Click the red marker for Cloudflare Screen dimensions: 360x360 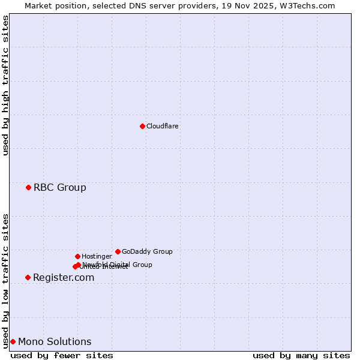pos(142,126)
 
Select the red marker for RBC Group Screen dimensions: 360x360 pos(28,188)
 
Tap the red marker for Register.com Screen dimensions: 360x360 pos(28,277)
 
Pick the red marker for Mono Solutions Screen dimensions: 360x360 pos(13,342)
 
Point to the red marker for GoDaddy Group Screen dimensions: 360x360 pos(118,251)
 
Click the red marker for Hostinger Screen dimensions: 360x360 pos(77,256)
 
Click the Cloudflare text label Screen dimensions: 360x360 pos(162,126)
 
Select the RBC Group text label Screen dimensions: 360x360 pos(59,188)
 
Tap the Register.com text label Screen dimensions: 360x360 pos(64,277)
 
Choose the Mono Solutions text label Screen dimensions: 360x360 pos(55,342)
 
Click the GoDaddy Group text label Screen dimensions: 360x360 pos(147,251)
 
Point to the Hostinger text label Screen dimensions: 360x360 pos(97,256)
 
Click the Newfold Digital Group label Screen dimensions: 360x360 pos(118,264)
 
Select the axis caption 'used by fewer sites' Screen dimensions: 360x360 pos(62,355)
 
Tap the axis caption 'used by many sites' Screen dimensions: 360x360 pos(301,355)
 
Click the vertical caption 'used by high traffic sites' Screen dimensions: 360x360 pos(5,85)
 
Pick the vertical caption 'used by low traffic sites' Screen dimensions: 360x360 pos(5,280)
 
